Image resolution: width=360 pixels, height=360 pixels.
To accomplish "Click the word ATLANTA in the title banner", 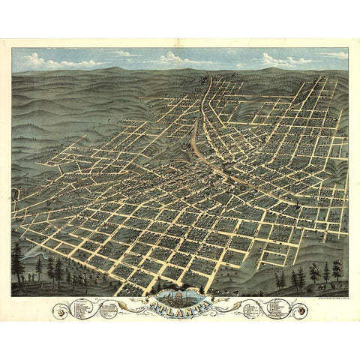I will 179,306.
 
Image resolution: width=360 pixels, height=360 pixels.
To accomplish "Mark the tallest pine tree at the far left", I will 18,259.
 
